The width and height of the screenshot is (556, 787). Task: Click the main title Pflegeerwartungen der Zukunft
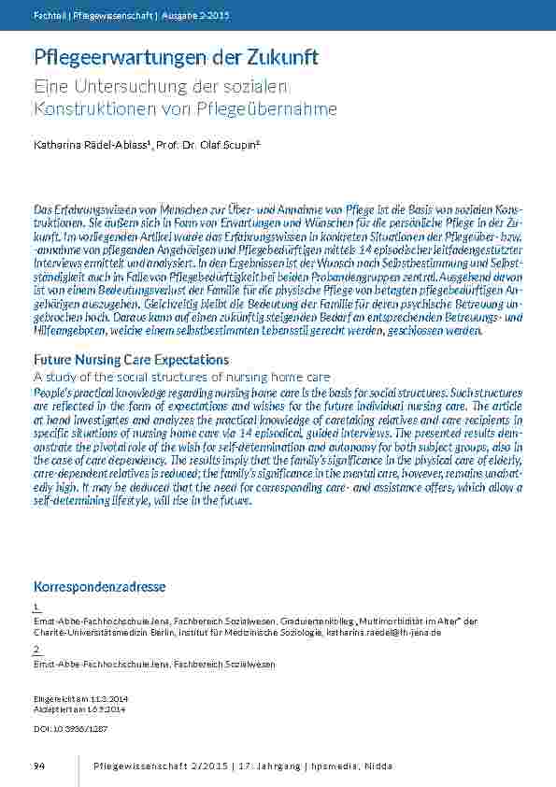pos(176,57)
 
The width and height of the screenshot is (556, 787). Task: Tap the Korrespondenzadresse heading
pos(100,587)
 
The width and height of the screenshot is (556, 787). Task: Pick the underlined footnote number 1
pos(36,608)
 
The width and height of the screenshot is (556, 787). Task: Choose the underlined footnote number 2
pos(36,650)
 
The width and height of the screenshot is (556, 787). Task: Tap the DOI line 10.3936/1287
pos(68,727)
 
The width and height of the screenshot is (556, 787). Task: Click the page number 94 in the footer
pos(39,766)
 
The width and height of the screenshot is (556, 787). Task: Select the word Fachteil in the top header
pos(49,17)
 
